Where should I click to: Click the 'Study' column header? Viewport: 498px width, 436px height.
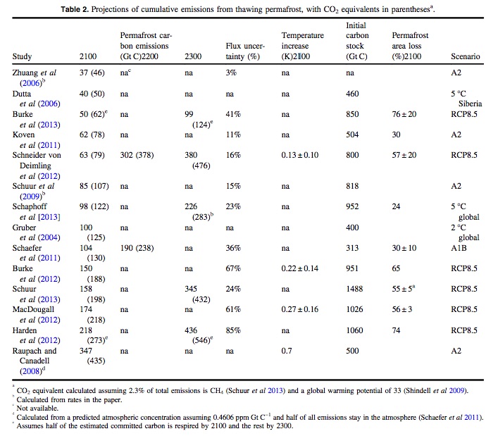tap(22, 57)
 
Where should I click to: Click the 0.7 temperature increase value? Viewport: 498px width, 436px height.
tap(287, 349)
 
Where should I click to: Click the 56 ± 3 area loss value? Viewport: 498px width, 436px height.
tap(404, 309)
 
